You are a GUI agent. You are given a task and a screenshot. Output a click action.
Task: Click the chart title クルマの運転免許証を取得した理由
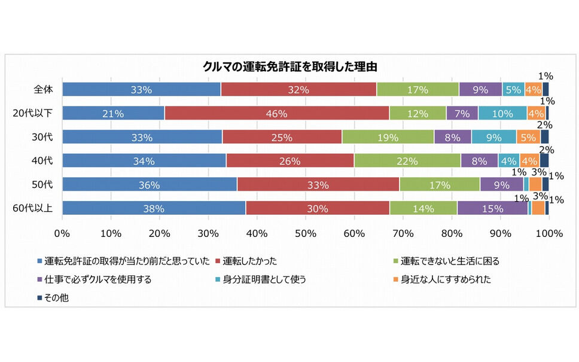click(x=289, y=66)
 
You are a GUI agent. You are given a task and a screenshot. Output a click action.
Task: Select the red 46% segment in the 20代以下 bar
click(x=276, y=113)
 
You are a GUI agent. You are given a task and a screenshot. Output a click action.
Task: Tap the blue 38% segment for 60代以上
click(x=154, y=208)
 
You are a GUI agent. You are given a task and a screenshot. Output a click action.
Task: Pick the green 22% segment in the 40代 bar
click(x=407, y=160)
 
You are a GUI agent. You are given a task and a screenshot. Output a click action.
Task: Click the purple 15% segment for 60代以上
click(x=492, y=208)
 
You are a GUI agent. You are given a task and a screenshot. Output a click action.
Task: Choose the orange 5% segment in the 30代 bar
click(x=528, y=137)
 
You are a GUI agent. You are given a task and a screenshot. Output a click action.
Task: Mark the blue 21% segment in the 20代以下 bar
click(x=113, y=113)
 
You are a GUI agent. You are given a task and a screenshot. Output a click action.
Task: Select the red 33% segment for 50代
click(x=318, y=184)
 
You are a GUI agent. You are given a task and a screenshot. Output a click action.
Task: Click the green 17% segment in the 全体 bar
click(x=418, y=90)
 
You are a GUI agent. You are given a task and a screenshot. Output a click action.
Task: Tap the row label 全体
click(x=43, y=90)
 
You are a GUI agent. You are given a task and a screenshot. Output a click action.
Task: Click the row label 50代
click(x=43, y=184)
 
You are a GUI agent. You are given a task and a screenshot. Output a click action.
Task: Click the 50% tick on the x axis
click(x=305, y=232)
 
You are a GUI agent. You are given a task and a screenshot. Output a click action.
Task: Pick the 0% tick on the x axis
click(x=62, y=232)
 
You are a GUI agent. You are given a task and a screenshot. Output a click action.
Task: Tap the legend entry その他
click(x=57, y=297)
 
